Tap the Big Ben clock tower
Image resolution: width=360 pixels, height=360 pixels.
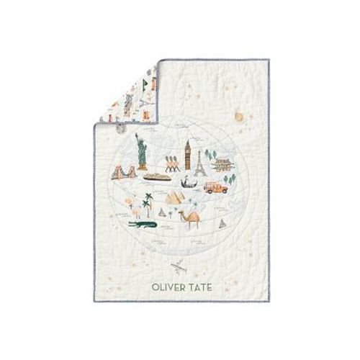click(x=187, y=153)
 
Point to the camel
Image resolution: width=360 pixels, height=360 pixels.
click(x=189, y=218)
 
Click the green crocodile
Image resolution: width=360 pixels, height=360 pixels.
click(x=142, y=225)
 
